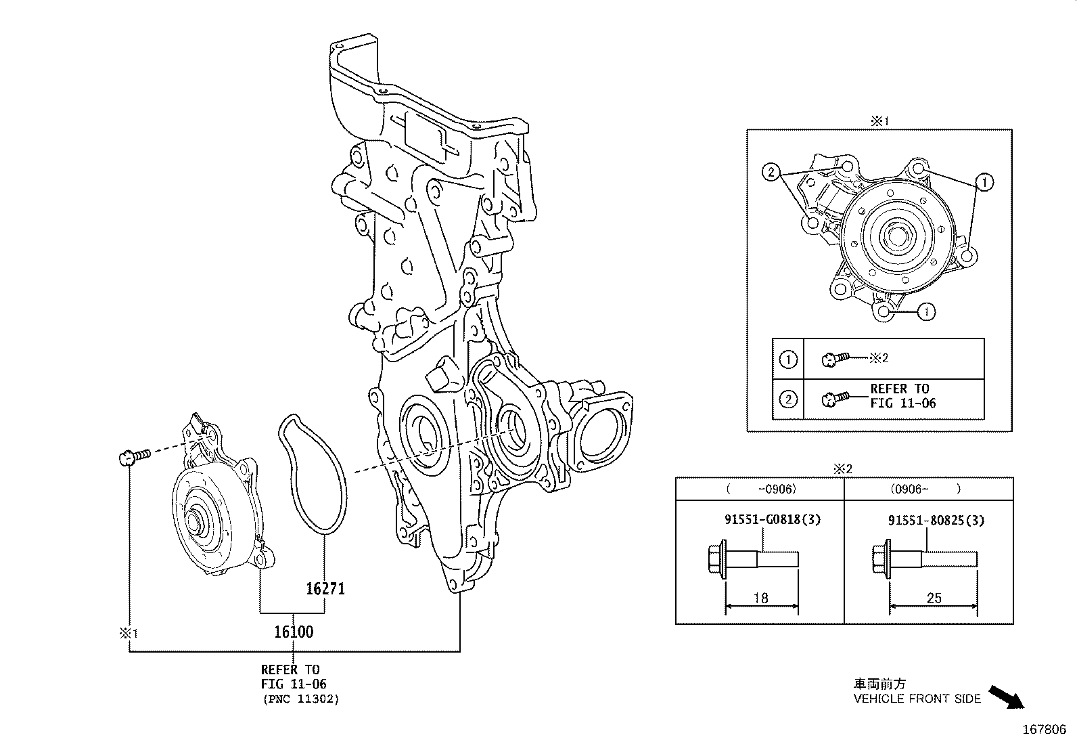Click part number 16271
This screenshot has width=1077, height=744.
click(x=325, y=589)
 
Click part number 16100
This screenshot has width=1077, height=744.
click(x=294, y=632)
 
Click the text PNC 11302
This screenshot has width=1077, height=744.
click(x=300, y=699)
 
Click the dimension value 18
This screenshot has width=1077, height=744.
click(x=760, y=598)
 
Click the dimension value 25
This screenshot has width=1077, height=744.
click(x=934, y=598)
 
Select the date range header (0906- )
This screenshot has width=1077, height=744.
click(x=928, y=489)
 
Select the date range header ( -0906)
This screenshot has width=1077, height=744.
click(x=761, y=489)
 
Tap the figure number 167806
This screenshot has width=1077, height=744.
click(x=1043, y=730)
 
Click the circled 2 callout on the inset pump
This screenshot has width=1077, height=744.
click(x=770, y=172)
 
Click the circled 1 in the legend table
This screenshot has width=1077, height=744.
click(x=788, y=359)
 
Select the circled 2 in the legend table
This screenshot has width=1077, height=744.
click(x=788, y=399)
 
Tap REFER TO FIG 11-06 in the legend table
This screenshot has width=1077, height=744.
click(x=899, y=396)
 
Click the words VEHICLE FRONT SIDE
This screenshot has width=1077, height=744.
click(x=917, y=699)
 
